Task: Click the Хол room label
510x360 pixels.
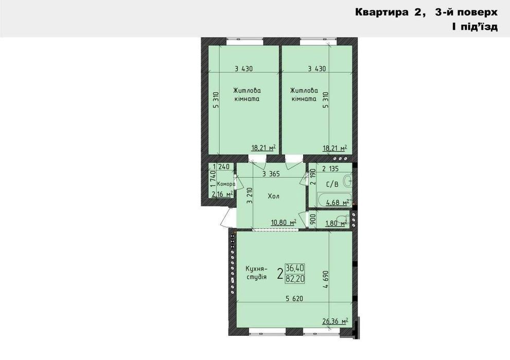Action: pyautogui.click(x=274, y=196)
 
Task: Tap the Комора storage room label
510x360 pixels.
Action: pyautogui.click(x=226, y=184)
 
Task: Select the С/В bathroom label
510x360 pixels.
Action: pyautogui.click(x=332, y=184)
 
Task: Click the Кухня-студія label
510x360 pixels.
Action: pyautogui.click(x=256, y=273)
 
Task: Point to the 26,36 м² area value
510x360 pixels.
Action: pyautogui.click(x=336, y=321)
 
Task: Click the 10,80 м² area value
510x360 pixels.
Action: pyautogui.click(x=284, y=223)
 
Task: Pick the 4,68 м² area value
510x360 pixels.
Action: pyautogui.click(x=338, y=203)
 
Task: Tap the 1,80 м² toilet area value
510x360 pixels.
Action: pyautogui.click(x=336, y=223)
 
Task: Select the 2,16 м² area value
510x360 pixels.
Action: pyautogui.click(x=222, y=194)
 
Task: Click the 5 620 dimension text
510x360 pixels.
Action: pyautogui.click(x=294, y=298)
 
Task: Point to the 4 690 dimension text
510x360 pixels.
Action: pyautogui.click(x=327, y=279)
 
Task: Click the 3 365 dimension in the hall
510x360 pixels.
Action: pyautogui.click(x=271, y=174)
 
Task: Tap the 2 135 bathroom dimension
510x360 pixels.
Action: pyautogui.click(x=330, y=169)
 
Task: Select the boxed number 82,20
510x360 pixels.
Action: pyautogui.click(x=295, y=278)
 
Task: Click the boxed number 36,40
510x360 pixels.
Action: pyautogui.click(x=295, y=268)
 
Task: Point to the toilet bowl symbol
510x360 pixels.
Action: pyautogui.click(x=343, y=219)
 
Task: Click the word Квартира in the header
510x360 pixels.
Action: pyautogui.click(x=381, y=12)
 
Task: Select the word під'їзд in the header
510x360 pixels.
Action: pyautogui.click(x=479, y=26)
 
